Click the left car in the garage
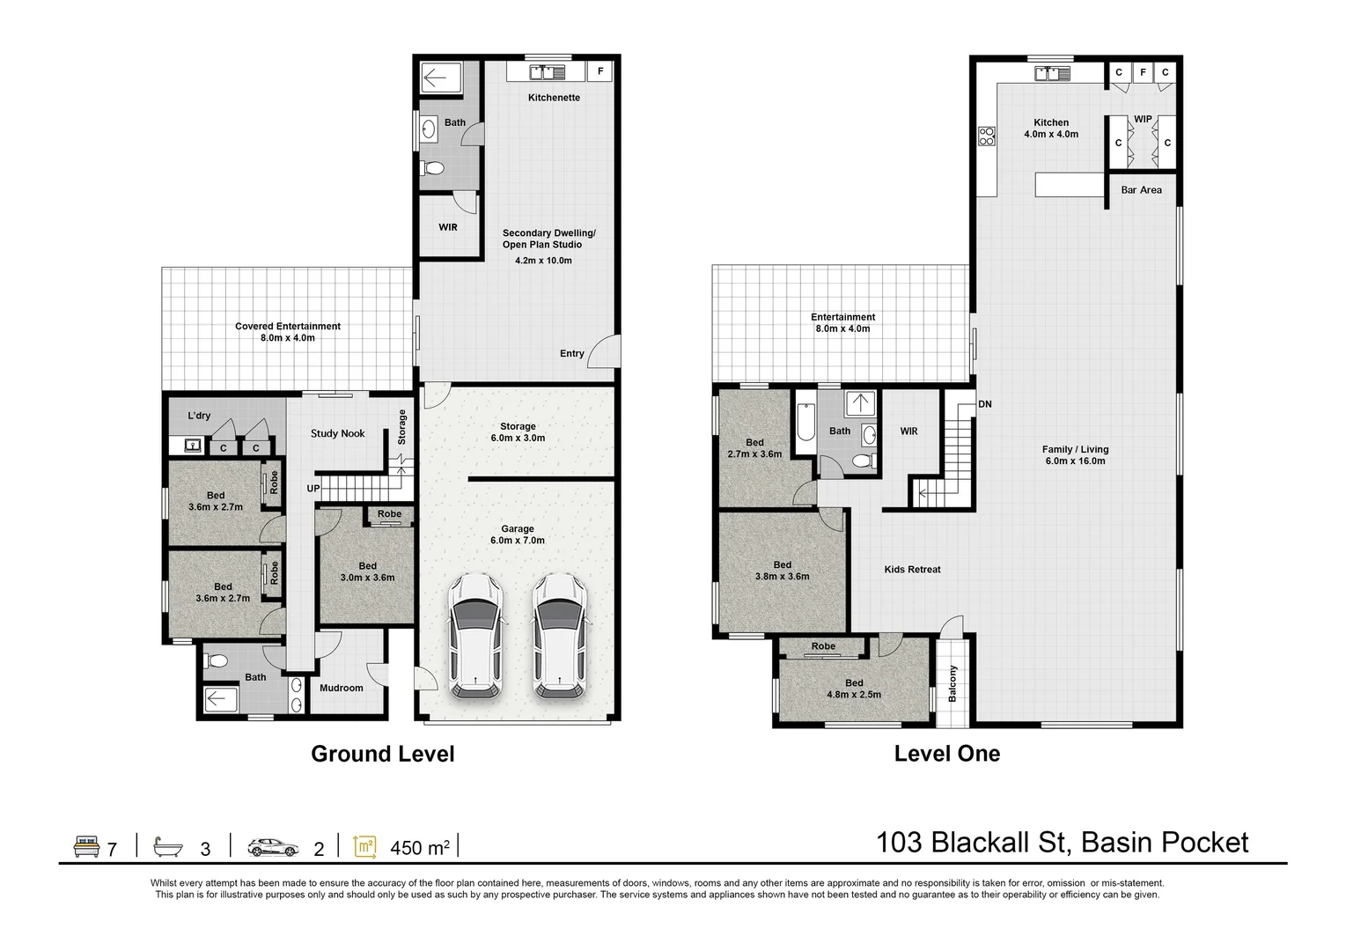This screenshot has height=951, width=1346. tap(475, 636)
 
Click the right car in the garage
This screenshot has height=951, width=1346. tap(558, 636)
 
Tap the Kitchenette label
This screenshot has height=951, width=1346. tap(554, 98)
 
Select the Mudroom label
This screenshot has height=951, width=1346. tap(341, 689)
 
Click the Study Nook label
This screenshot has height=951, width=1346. tap(337, 433)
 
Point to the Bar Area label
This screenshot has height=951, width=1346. tap(1141, 190)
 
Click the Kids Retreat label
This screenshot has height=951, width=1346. tap(912, 570)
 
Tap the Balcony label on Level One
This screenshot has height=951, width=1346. tap(952, 683)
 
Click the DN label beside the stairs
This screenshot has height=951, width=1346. tap(984, 404)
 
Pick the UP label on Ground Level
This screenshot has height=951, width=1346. tap(313, 489)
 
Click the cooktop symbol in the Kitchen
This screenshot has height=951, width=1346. tap(987, 136)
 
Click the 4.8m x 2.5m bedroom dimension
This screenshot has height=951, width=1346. tap(853, 695)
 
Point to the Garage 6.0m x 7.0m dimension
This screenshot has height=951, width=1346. tap(518, 541)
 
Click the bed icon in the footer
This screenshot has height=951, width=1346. tap(85, 847)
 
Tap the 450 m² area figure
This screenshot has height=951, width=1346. tap(420, 848)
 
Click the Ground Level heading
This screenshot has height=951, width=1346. tap(382, 754)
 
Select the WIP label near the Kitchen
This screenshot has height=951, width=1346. tap(1142, 119)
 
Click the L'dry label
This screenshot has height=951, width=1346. tap(199, 416)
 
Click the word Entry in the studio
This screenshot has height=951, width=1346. tap(571, 354)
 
